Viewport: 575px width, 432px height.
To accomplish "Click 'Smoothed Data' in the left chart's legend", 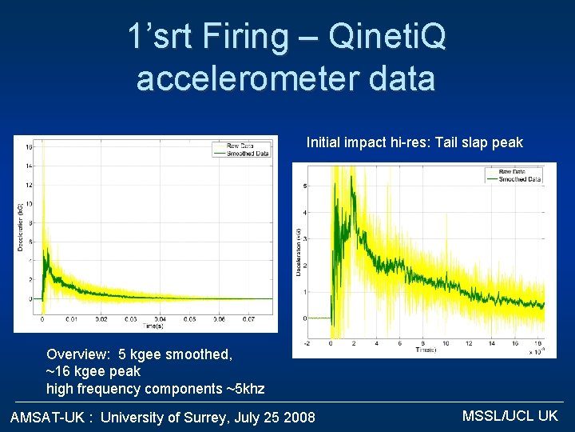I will [247, 154].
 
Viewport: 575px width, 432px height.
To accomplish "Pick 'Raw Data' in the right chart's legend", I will [511, 172].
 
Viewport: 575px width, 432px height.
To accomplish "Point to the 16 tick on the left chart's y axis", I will [29, 147].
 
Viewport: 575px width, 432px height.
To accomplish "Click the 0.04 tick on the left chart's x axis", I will [159, 319].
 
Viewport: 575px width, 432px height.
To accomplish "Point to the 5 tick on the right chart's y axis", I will [304, 186].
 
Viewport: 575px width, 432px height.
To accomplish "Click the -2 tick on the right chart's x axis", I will [307, 344].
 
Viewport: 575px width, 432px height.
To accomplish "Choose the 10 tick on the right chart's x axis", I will [445, 344].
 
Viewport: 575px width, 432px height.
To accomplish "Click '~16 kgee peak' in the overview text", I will [93, 371].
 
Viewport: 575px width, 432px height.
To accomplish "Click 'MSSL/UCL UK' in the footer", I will [510, 416].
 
